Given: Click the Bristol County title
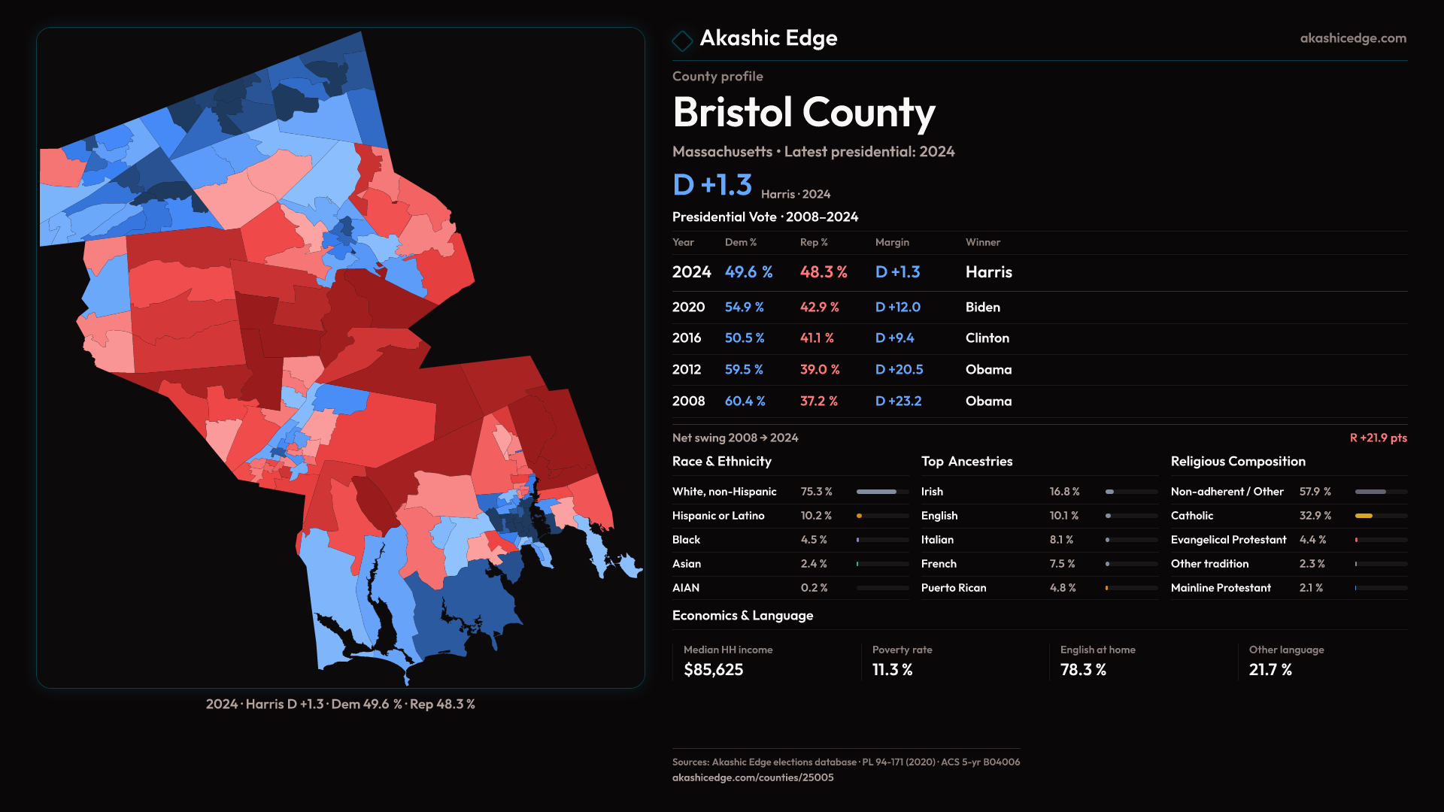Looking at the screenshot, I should click(803, 113).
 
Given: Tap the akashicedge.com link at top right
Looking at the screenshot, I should click(1352, 38).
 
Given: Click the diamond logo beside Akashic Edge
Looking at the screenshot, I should click(682, 41).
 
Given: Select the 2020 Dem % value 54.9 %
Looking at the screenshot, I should click(744, 308).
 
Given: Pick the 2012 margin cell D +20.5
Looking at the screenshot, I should click(899, 370).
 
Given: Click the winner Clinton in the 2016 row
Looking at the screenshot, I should click(987, 338).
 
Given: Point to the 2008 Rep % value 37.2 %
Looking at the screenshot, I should click(818, 401).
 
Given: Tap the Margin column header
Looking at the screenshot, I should click(892, 242).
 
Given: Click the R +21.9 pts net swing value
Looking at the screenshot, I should click(1378, 438).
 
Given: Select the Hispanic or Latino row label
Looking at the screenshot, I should click(717, 516).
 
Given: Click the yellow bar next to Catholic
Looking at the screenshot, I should click(1364, 516).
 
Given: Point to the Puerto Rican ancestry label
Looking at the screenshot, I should click(953, 588).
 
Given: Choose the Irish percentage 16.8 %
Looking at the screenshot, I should click(1064, 492).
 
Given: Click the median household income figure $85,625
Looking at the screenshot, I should click(713, 670).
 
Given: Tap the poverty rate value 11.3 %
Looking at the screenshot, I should click(892, 670).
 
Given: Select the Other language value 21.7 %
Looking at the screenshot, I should click(1270, 670).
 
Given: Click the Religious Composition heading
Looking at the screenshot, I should click(1237, 462).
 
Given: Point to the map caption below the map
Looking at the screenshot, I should click(340, 704).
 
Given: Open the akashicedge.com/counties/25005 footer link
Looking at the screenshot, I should click(752, 777).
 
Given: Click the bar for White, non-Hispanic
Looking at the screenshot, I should click(876, 492).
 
